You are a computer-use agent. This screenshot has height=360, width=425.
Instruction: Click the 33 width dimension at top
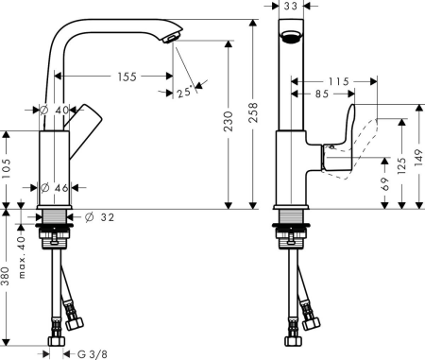(291, 7)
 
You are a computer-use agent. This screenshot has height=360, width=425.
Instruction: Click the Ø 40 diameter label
(56, 111)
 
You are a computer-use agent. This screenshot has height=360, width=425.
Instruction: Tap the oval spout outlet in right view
(291, 39)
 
